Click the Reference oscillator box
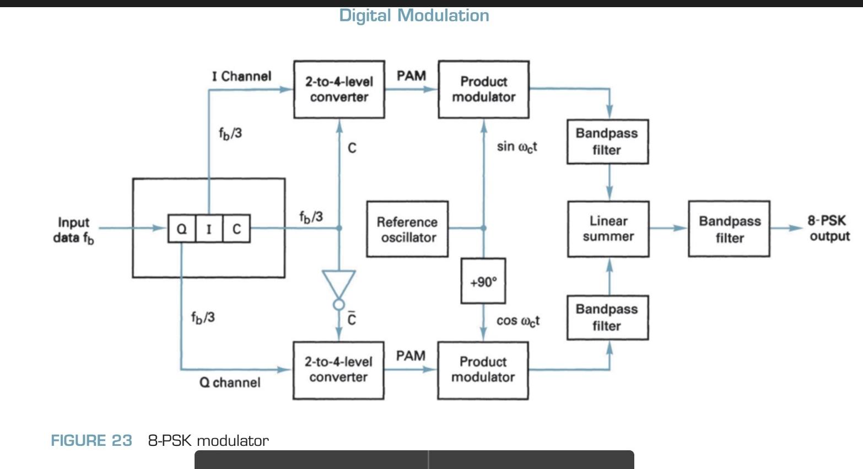pyautogui.click(x=407, y=229)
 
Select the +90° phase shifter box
pyautogui.click(x=483, y=282)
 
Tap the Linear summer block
pyautogui.click(x=608, y=229)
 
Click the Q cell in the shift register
pyautogui.click(x=181, y=229)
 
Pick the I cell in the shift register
pyautogui.click(x=209, y=229)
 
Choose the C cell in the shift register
pyautogui.click(x=236, y=229)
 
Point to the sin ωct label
pyautogui.click(x=516, y=147)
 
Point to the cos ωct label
pyautogui.click(x=517, y=321)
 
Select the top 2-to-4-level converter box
pyautogui.click(x=339, y=89)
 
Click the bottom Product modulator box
pyautogui.click(x=483, y=370)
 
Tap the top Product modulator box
pyautogui.click(x=483, y=89)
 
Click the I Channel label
pyautogui.click(x=241, y=76)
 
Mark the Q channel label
pyautogui.click(x=229, y=382)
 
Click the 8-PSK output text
pyautogui.click(x=828, y=228)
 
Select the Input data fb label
pyautogui.click(x=73, y=230)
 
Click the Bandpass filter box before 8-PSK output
pyautogui.click(x=729, y=229)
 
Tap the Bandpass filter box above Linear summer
pyautogui.click(x=607, y=142)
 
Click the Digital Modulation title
pyautogui.click(x=414, y=15)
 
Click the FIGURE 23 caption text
pyautogui.click(x=91, y=440)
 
